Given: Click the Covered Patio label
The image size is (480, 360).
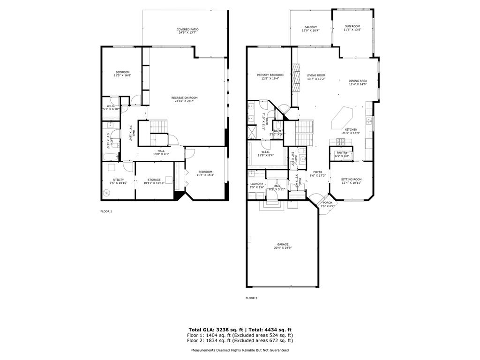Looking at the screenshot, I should pos(188,29).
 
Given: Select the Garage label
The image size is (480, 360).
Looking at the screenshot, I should pos(282,245).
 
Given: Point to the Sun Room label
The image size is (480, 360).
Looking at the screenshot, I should pos(352,26).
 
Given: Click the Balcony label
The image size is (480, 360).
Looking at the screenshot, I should pos(311,27).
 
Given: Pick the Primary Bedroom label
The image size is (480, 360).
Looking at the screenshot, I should pos(270,75).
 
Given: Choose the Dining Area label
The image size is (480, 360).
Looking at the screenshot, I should pos(358,81).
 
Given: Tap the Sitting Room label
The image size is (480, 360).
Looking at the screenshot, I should pos(351,180).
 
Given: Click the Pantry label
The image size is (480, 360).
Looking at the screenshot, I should pos(342,152).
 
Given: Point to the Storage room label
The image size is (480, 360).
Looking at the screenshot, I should pos(154,180).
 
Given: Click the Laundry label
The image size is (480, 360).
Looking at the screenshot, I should pos(256,184).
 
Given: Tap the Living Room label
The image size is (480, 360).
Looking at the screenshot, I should pos(316,75).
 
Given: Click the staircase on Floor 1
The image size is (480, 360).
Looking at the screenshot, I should pos(158,127).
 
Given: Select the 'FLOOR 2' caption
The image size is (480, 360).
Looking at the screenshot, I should pos(252,298).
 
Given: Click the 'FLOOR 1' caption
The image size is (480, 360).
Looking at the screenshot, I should pos(106,211).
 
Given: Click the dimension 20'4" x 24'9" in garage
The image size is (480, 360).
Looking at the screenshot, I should pos(282,248).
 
